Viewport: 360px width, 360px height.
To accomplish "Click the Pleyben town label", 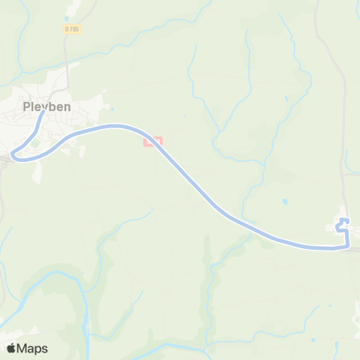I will coord(46,106).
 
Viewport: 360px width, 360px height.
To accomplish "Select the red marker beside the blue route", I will coord(151,139).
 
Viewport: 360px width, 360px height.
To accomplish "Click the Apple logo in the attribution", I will coord(11,348).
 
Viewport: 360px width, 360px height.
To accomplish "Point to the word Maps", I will coord(32,348).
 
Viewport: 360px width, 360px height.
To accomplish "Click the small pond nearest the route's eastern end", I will coord(284,202).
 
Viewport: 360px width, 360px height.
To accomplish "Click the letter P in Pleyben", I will coord(26,106).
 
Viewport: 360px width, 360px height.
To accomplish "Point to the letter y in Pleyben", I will coord(43,108).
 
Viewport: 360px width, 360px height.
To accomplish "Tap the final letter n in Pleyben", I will coord(67,106).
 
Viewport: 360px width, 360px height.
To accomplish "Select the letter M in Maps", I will coord(22,348).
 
